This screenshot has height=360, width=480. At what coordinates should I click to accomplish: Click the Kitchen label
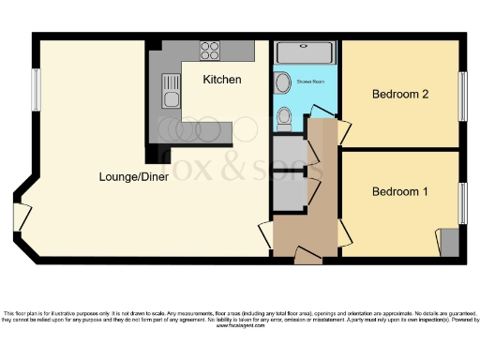tap(222, 80)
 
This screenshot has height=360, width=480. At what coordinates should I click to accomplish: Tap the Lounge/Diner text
tap(134, 175)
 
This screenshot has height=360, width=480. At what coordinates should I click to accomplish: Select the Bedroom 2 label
tap(400, 94)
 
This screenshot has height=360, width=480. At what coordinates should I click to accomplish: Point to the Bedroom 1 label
tap(400, 192)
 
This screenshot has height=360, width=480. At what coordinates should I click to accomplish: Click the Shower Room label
tap(312, 81)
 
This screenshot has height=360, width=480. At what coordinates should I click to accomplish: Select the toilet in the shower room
tap(286, 117)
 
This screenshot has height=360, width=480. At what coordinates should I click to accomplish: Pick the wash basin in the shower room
tap(282, 82)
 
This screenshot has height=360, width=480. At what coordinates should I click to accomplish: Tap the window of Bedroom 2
tap(461, 94)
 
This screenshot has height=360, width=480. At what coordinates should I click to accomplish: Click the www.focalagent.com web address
tap(240, 326)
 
